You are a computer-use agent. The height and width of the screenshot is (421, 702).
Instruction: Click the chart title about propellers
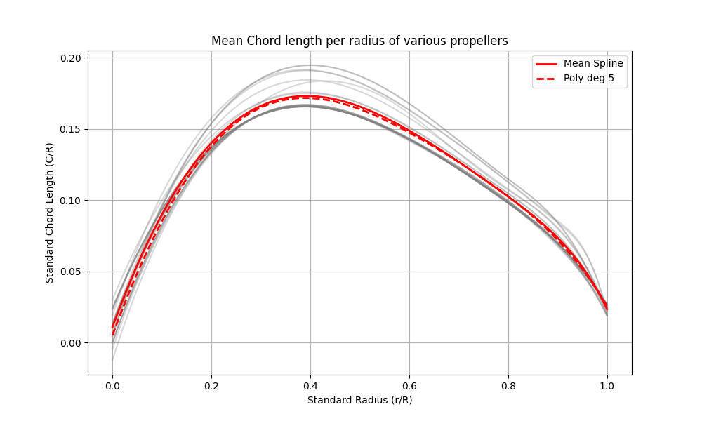tap(359, 41)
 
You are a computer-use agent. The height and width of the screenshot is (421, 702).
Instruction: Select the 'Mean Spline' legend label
tap(593, 63)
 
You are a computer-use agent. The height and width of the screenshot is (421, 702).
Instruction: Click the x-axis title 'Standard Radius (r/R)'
tap(359, 400)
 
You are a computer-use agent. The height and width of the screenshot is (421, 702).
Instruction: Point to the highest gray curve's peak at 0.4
tap(310, 65)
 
